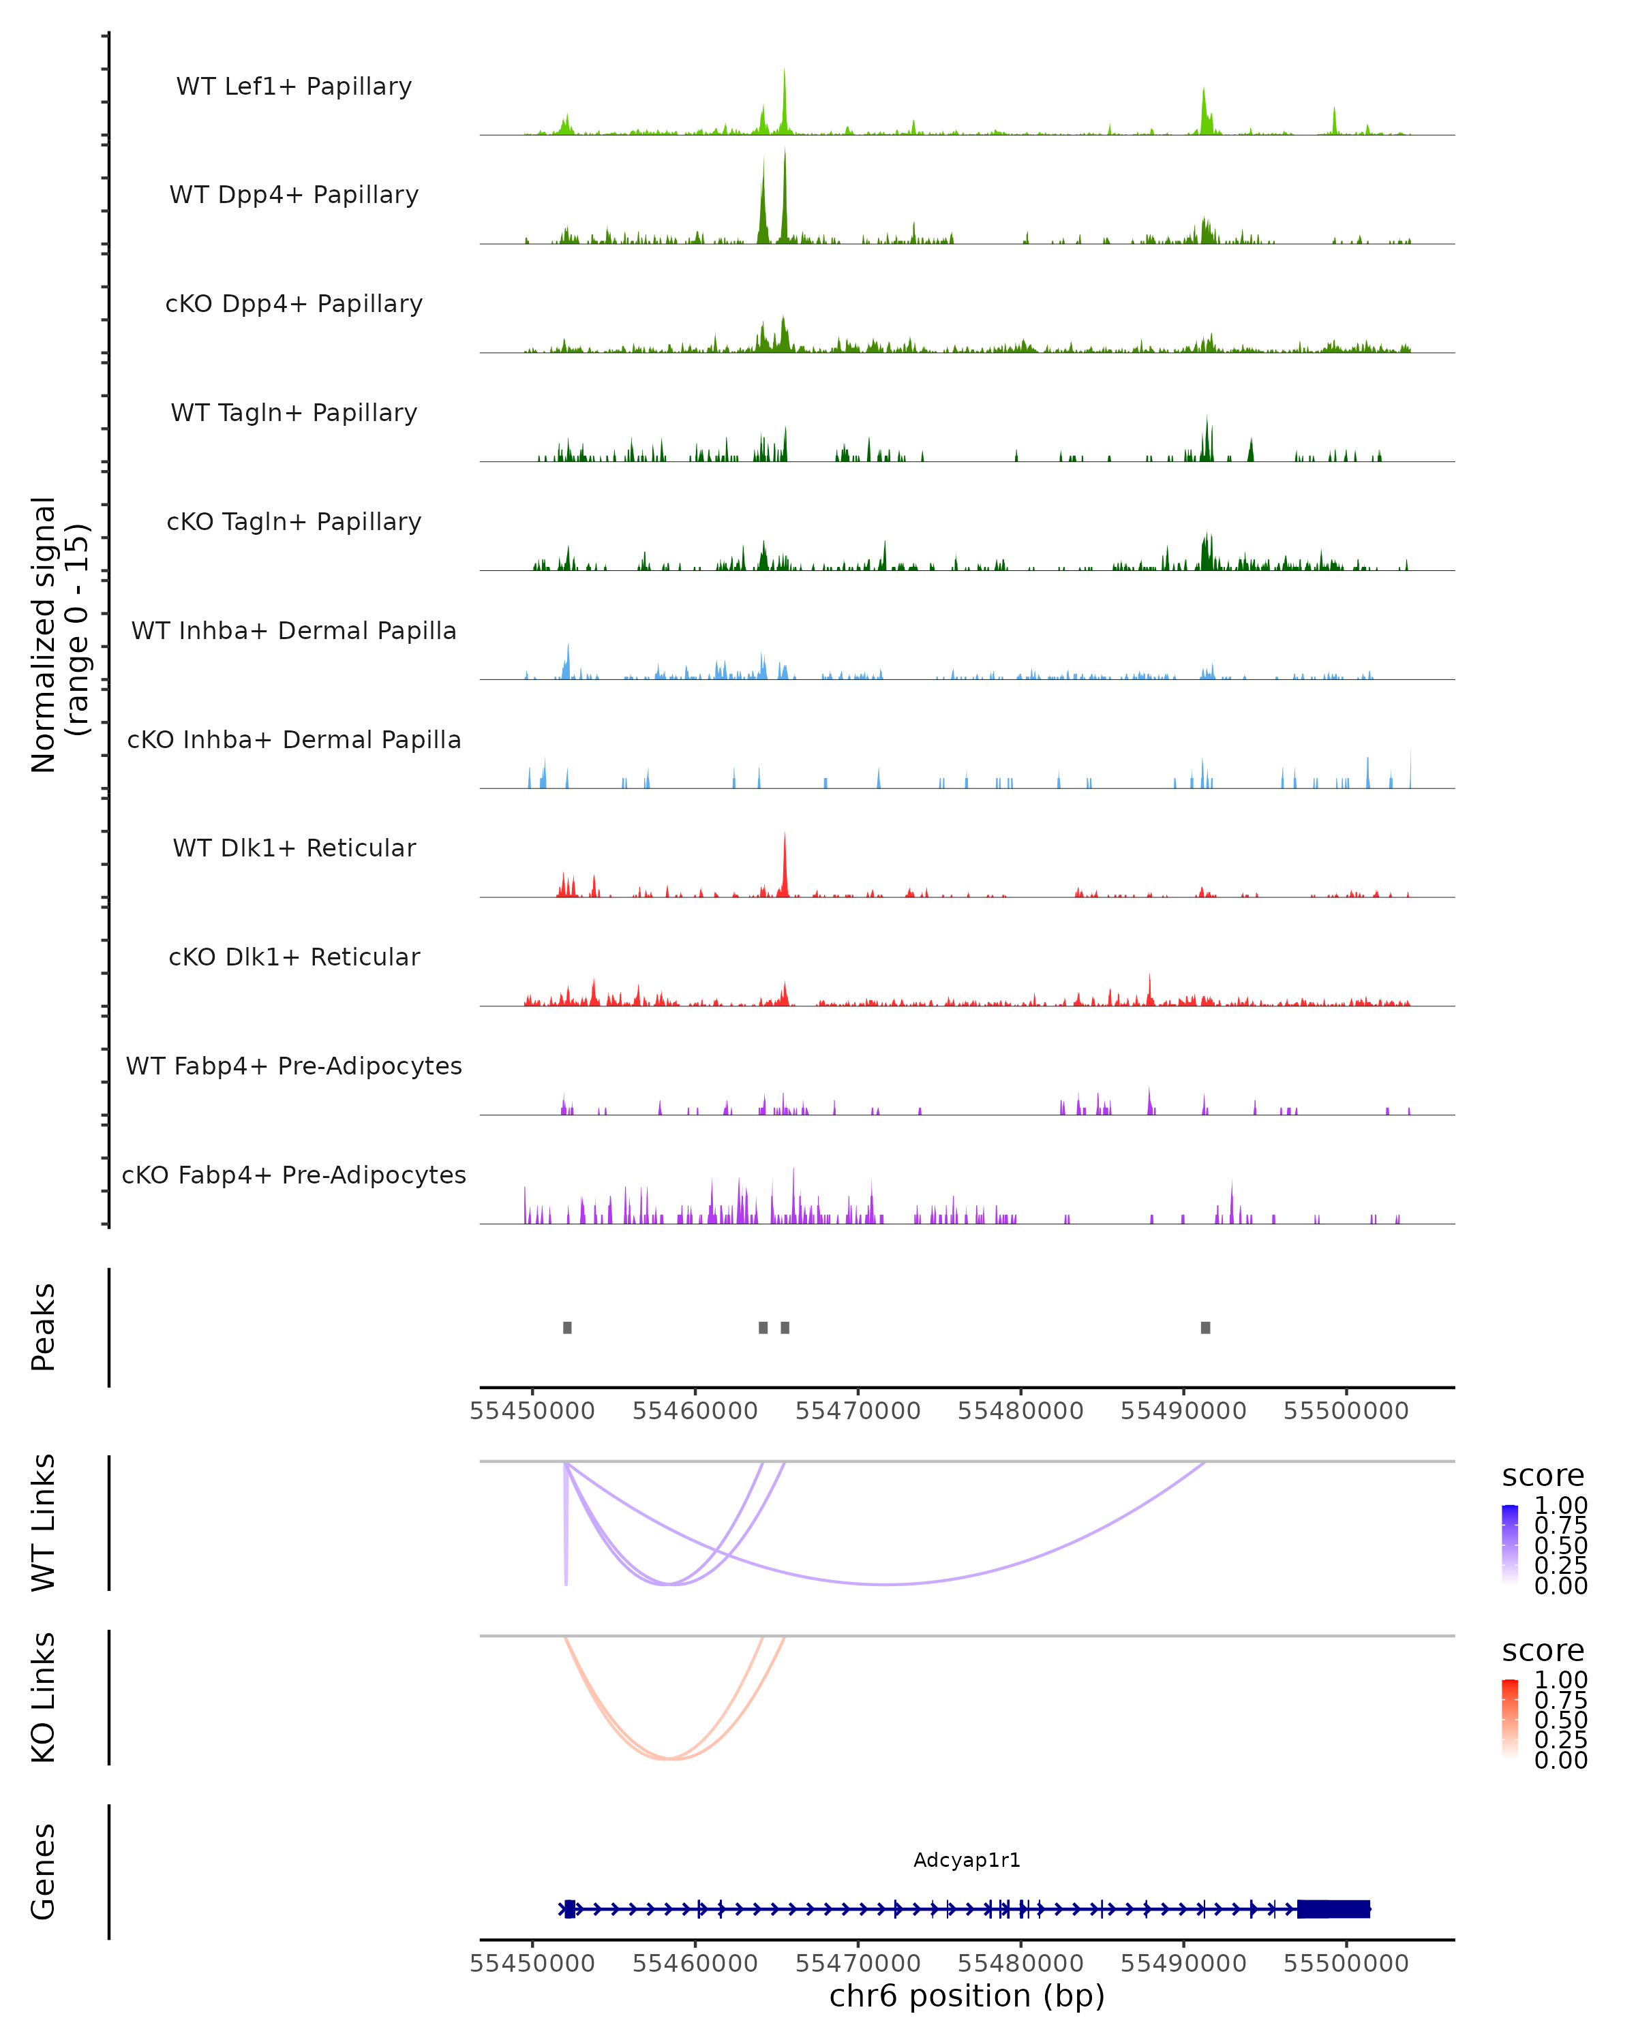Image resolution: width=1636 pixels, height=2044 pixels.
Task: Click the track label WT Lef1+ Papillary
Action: point(294,87)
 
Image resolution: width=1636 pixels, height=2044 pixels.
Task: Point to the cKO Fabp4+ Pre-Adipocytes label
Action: point(294,1175)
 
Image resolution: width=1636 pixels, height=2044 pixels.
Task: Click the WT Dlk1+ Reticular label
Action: point(294,848)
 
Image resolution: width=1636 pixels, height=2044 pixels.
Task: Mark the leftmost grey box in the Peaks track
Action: point(567,1327)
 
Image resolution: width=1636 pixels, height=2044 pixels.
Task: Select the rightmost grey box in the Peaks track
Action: point(1205,1327)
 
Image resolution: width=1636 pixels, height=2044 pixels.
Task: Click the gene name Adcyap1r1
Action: point(967,1860)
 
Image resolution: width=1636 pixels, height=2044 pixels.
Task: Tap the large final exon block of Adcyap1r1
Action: point(1333,1909)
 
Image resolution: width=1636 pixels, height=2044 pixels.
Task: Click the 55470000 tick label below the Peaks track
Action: point(858,1411)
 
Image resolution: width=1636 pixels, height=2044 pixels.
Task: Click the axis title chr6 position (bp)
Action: point(967,1996)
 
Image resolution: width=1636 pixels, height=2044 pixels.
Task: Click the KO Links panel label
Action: point(44,1698)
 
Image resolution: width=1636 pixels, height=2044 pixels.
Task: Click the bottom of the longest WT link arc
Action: point(885,1584)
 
